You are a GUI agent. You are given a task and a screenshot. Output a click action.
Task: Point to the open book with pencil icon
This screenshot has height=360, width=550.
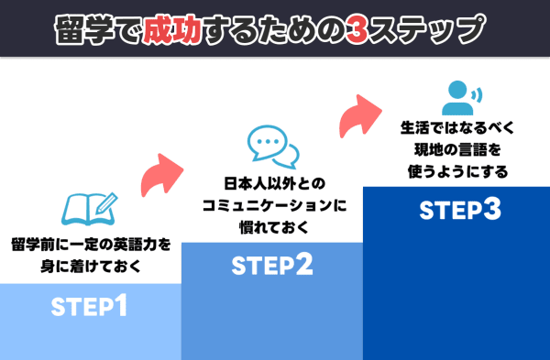tap(89, 208)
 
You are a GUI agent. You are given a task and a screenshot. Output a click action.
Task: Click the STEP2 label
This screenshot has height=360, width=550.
tap(272, 267)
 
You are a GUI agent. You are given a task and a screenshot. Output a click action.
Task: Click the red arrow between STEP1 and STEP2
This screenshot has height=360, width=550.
tap(164, 173)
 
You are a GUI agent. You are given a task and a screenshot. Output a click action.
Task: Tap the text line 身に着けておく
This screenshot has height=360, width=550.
tap(91, 267)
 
